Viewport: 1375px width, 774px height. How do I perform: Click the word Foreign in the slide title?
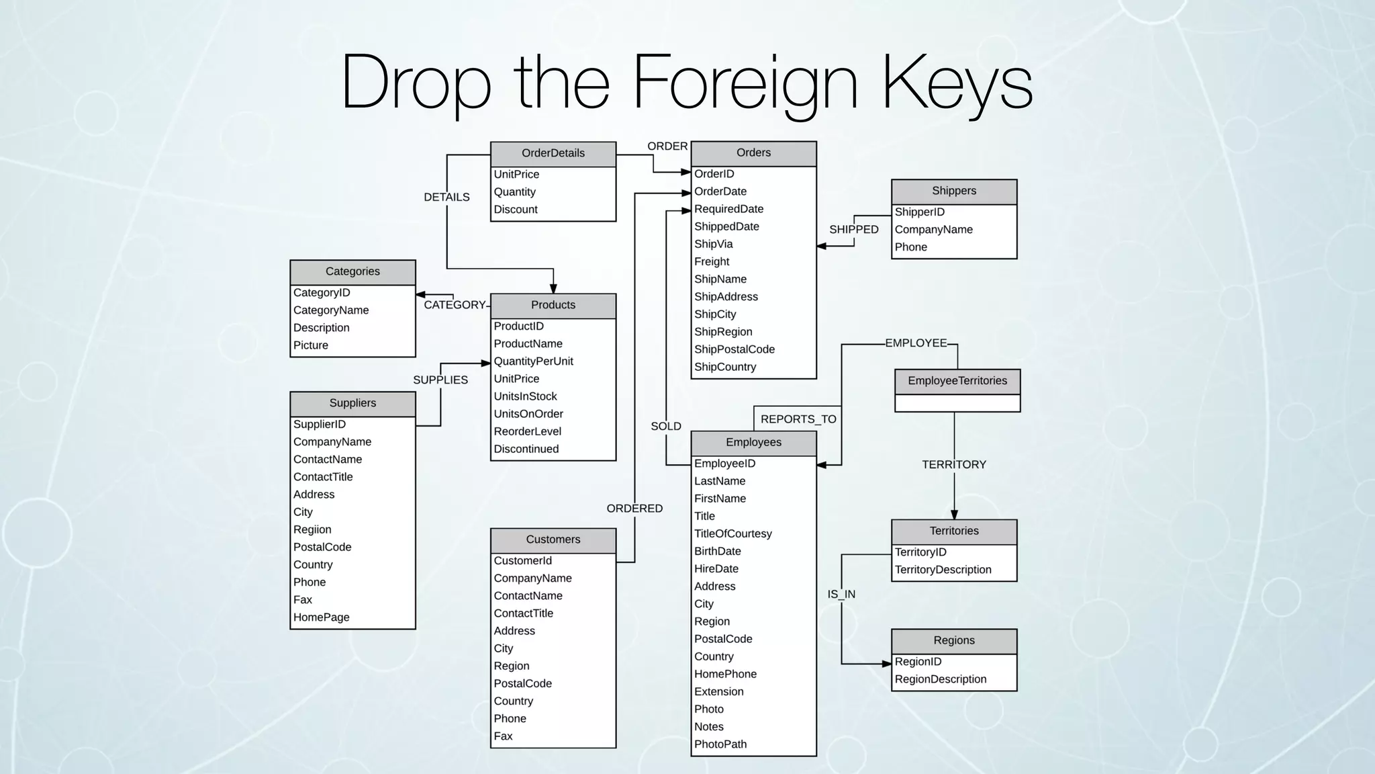point(745,83)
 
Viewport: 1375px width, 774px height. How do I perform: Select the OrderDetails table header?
point(553,153)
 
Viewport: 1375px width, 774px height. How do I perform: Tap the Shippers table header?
point(954,191)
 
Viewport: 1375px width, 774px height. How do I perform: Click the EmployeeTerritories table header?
point(957,381)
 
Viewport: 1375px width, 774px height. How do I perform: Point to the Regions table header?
point(954,640)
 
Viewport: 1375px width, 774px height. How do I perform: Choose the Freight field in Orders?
point(712,261)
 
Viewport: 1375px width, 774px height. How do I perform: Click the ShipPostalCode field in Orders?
point(734,349)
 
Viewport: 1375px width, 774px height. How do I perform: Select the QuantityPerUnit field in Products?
point(534,361)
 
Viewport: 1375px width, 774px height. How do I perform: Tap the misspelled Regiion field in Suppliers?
point(312,529)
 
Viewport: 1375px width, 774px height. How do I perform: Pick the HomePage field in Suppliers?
point(321,617)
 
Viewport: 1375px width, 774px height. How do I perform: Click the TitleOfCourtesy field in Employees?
point(733,533)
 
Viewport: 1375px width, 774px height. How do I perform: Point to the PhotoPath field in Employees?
point(720,744)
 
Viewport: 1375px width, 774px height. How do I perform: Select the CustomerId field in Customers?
point(523,560)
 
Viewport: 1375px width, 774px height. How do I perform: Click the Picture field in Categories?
point(311,345)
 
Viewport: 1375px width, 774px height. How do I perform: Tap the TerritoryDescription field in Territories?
point(943,570)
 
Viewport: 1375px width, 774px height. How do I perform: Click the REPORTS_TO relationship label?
point(798,419)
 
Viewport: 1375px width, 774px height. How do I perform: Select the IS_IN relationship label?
point(841,594)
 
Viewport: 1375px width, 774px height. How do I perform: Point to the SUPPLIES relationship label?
point(440,380)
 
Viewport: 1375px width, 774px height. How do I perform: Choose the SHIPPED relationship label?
point(854,229)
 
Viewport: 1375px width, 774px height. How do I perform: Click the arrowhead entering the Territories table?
point(954,515)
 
